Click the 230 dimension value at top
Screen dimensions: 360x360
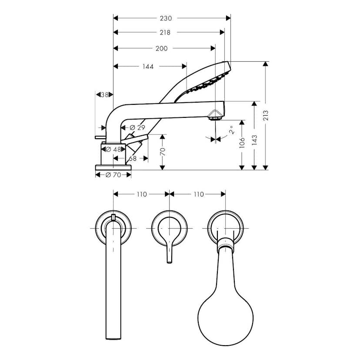[166, 18]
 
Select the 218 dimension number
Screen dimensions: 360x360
[165, 32]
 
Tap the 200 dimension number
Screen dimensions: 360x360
[161, 49]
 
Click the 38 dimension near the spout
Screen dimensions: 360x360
[104, 94]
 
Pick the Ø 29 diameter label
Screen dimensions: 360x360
[137, 127]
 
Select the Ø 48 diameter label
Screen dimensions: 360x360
[114, 149]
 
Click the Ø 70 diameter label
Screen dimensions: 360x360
[113, 175]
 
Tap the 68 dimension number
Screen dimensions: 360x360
[132, 159]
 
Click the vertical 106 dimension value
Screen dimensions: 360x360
[242, 143]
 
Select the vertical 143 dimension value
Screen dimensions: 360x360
[254, 140]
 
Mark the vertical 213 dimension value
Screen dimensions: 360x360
[266, 115]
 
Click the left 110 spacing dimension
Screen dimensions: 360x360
[142, 194]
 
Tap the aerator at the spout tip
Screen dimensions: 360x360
[215, 115]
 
